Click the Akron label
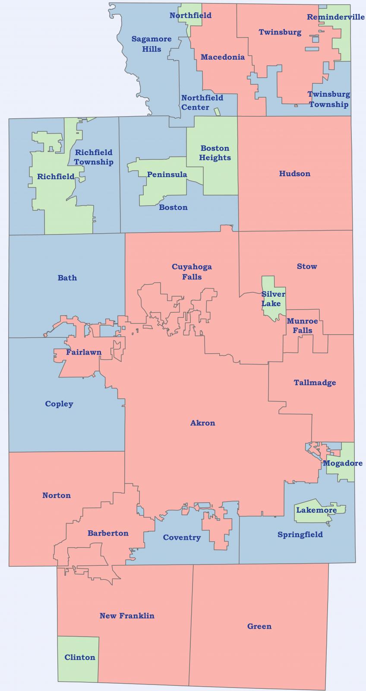[x=202, y=423]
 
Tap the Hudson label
[x=294, y=174]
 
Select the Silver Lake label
[x=273, y=298]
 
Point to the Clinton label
[x=80, y=657]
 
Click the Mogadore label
[x=343, y=463]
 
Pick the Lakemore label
[x=316, y=510]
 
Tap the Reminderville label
[x=335, y=17]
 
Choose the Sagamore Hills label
[x=151, y=44]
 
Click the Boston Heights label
[x=215, y=153]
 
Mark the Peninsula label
[x=167, y=174]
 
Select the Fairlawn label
[x=84, y=352]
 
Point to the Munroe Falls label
[x=302, y=326]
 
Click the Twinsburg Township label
[x=328, y=99]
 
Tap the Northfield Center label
[x=202, y=102]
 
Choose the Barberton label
[x=108, y=533]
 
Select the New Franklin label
[x=127, y=615]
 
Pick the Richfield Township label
[x=94, y=157]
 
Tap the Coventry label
[x=182, y=537]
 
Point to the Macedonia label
[x=222, y=57]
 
